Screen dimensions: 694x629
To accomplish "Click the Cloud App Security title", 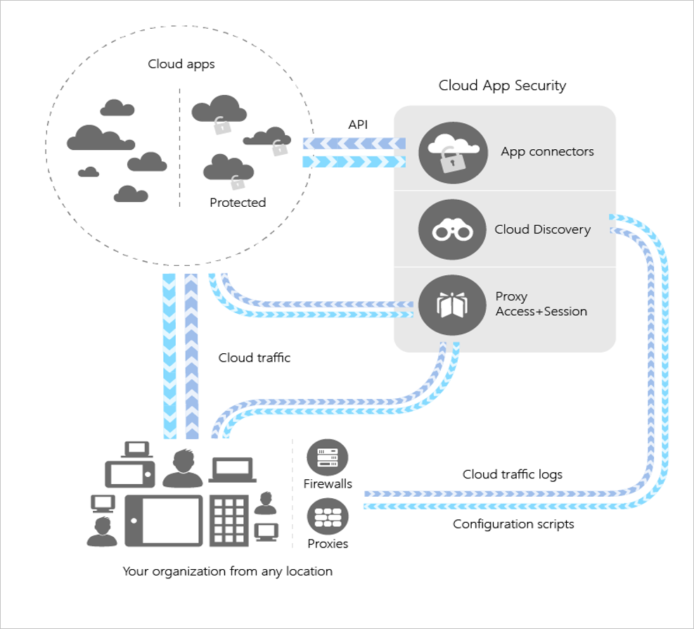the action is tap(502, 86).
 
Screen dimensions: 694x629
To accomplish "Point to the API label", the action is tap(358, 125).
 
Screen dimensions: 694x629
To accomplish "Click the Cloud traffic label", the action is tap(254, 357).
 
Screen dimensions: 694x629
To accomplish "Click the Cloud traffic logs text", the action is tap(512, 474).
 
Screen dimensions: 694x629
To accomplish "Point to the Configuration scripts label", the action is tap(513, 524).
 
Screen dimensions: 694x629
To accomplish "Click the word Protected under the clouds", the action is tap(238, 203).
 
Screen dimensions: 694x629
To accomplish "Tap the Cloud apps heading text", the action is tap(181, 64).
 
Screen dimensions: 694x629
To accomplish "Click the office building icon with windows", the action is tap(229, 520).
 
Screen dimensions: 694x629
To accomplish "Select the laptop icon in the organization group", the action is tap(232, 469).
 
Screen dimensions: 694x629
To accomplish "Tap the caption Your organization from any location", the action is tap(227, 571).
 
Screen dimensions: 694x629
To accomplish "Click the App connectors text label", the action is tap(547, 151).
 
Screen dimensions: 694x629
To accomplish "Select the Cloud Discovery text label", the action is tap(542, 229).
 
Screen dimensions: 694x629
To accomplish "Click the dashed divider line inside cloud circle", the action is tap(179, 148).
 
